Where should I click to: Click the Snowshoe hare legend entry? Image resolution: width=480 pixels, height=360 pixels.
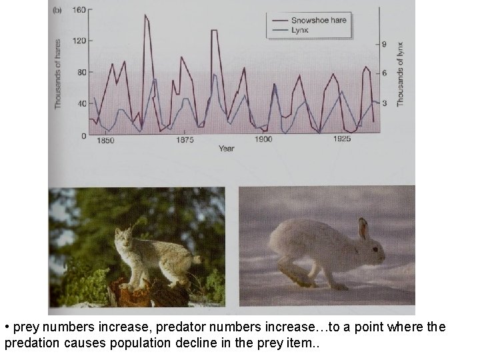coord(319,20)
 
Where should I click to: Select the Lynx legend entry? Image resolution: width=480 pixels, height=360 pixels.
coord(299,31)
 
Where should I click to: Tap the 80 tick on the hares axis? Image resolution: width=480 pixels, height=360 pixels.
coord(80,72)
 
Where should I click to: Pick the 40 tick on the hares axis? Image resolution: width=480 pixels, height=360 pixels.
coord(80,103)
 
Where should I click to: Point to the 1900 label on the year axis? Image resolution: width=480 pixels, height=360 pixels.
coord(263,140)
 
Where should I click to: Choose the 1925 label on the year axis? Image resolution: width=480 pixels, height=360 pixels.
coord(342,140)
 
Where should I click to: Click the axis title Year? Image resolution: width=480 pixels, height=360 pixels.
coord(227,149)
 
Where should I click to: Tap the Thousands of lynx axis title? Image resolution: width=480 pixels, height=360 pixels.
coord(401,73)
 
